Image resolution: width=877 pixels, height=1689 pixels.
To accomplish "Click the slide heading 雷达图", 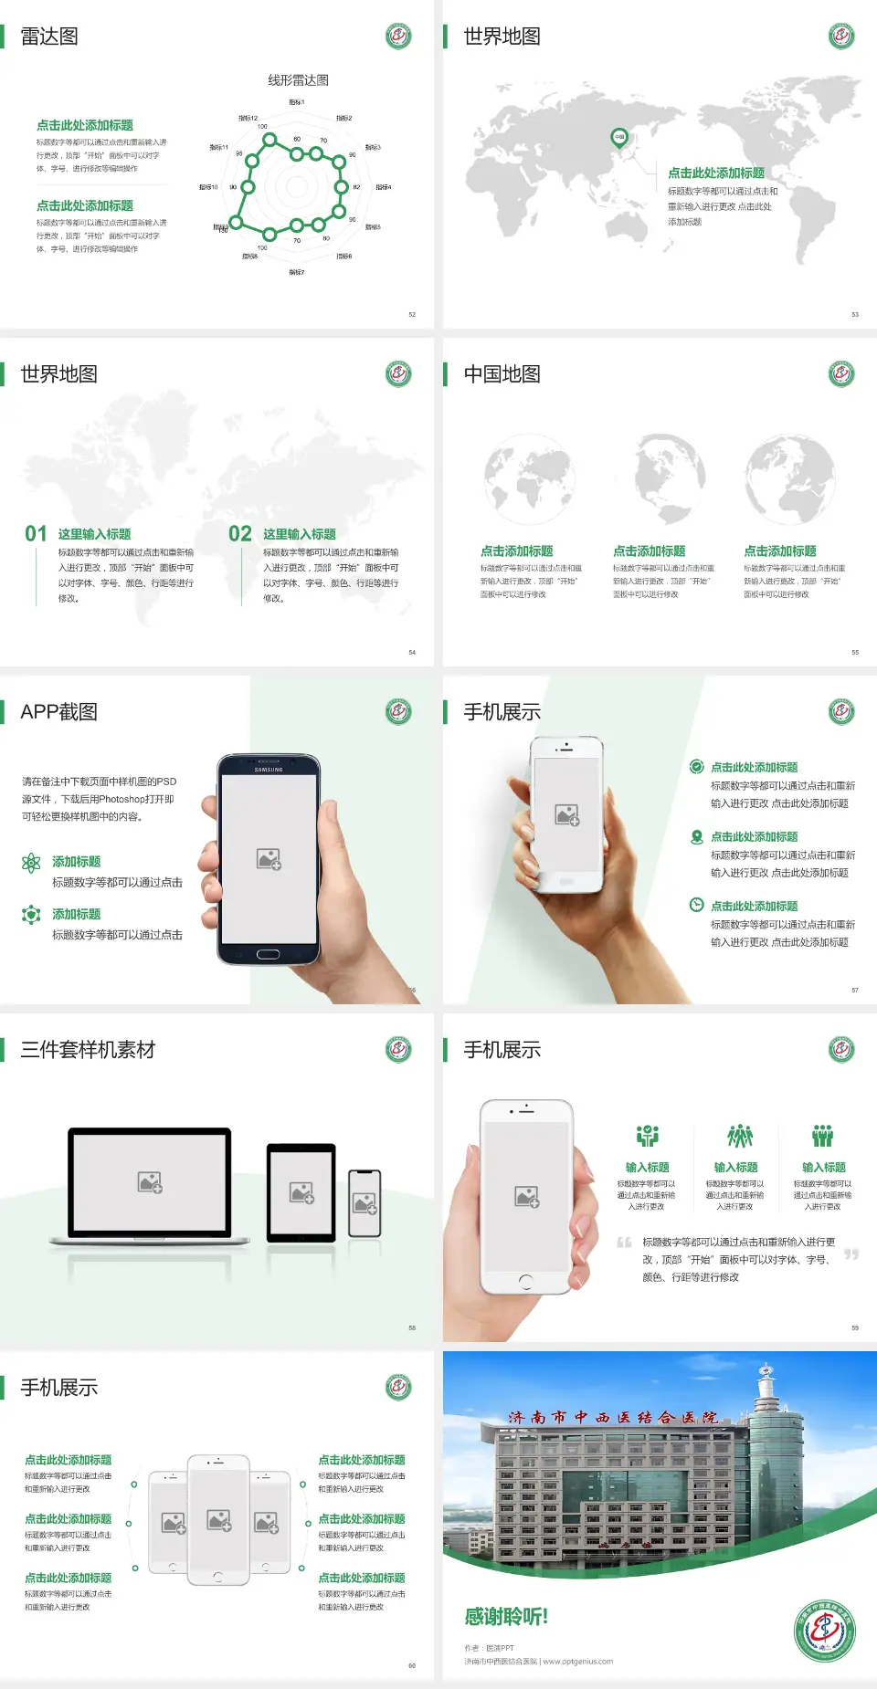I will (x=49, y=37).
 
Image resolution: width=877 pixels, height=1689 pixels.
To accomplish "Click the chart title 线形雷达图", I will (x=298, y=80).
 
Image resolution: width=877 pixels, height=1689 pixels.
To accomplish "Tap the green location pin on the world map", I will (x=619, y=138).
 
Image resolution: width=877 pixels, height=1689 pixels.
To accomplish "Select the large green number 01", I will (x=36, y=534).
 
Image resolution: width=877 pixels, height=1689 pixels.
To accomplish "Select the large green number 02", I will (x=240, y=534).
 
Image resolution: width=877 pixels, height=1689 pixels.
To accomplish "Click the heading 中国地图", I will (x=502, y=374).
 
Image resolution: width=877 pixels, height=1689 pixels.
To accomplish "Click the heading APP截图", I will (x=58, y=712).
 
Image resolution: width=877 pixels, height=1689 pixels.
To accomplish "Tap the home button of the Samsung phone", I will (x=268, y=954).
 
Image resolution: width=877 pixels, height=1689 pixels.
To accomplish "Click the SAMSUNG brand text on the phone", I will (x=269, y=770).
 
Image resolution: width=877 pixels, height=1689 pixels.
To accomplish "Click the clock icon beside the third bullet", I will (x=696, y=905).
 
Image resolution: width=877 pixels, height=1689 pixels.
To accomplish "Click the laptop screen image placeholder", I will (x=150, y=1182).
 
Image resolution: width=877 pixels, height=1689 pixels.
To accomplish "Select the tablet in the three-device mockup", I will (x=301, y=1191).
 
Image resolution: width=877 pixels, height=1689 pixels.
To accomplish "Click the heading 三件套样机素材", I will (x=88, y=1050).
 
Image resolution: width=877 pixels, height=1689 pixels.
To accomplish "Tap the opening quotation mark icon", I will (x=624, y=1242).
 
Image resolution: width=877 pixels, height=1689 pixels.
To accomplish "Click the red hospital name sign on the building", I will (x=613, y=1418).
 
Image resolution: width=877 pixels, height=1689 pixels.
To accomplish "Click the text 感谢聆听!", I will (x=506, y=1617).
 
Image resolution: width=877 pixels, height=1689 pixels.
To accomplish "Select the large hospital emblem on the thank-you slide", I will (x=824, y=1631).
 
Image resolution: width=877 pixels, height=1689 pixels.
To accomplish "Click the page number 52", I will (x=412, y=314).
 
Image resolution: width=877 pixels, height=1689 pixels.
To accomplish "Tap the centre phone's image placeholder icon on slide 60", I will (x=219, y=1520).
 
